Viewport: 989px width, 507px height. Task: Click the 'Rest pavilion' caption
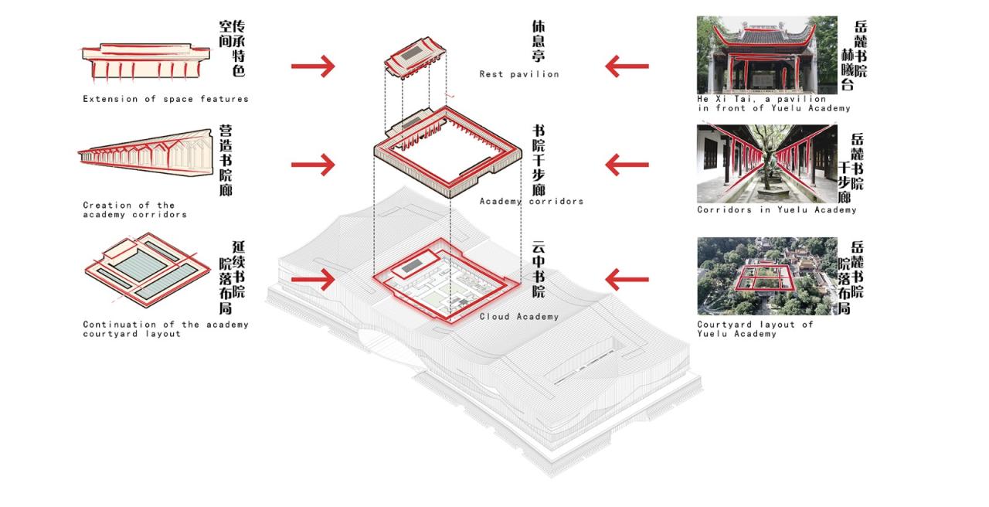click(518, 74)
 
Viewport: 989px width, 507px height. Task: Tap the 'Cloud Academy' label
click(518, 317)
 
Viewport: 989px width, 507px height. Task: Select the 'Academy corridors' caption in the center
click(531, 202)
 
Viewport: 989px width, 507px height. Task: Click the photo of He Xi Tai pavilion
click(766, 54)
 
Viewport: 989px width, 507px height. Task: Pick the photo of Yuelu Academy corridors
click(766, 163)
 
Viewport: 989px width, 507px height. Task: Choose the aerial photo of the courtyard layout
click(766, 276)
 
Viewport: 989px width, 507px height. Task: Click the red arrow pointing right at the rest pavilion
click(313, 66)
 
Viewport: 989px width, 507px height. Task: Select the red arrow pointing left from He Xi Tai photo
click(627, 66)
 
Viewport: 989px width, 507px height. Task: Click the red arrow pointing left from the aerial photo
click(627, 278)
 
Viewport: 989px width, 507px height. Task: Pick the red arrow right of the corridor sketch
click(313, 164)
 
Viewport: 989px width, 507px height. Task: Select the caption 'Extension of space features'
click(165, 99)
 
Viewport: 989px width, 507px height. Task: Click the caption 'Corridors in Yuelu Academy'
click(777, 210)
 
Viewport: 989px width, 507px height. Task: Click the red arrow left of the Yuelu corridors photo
click(627, 164)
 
